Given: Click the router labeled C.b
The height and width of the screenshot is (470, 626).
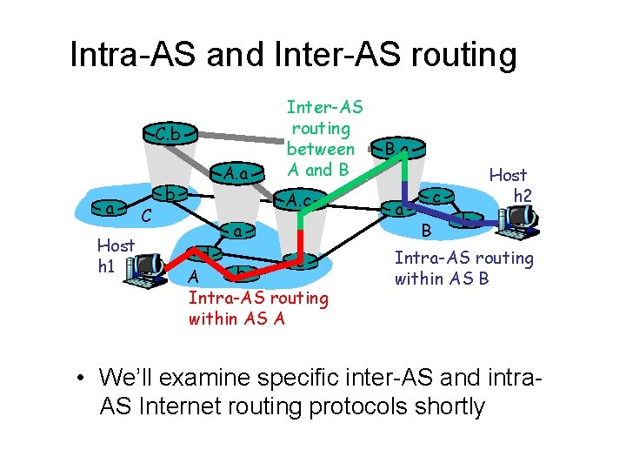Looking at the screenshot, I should click(171, 135).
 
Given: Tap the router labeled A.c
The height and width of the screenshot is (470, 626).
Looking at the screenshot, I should click(301, 203).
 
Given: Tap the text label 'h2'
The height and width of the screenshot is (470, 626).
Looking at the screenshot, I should click(523, 196).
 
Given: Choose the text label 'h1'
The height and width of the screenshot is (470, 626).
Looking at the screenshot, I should click(107, 265).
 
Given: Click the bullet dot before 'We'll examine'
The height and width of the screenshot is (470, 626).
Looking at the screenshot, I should click(80, 379).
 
